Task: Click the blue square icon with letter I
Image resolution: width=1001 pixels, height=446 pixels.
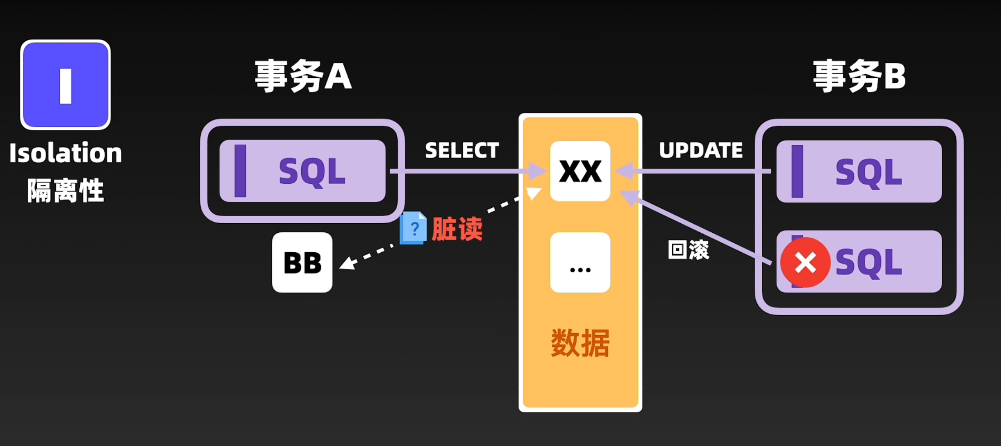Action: point(66,85)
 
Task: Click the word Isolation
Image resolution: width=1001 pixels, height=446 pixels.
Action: point(66,153)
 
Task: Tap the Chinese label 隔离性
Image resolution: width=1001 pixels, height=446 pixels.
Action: point(66,191)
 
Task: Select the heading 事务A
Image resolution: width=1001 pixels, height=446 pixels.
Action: point(303,76)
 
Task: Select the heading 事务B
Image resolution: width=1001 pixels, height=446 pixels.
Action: point(859,76)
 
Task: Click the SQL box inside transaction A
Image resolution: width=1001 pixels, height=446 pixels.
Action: point(303,171)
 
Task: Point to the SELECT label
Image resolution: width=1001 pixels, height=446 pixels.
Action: point(462,150)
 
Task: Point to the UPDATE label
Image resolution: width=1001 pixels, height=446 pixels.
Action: point(701,150)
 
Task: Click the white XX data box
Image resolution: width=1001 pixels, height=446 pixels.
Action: point(580,171)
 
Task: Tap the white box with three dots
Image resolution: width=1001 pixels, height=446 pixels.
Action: point(580,263)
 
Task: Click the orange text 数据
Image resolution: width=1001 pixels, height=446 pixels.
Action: point(580,343)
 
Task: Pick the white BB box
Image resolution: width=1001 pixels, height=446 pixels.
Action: point(302,263)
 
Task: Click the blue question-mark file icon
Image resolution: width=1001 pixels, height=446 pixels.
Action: point(413,228)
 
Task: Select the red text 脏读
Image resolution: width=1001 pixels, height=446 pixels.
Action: point(457,229)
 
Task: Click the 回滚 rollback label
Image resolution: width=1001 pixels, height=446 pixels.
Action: point(688,250)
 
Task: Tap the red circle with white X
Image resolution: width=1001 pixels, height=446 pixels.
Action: point(805,263)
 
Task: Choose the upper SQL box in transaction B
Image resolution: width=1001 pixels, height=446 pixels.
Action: point(859,172)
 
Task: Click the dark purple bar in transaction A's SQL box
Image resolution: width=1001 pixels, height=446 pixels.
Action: point(240,171)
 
